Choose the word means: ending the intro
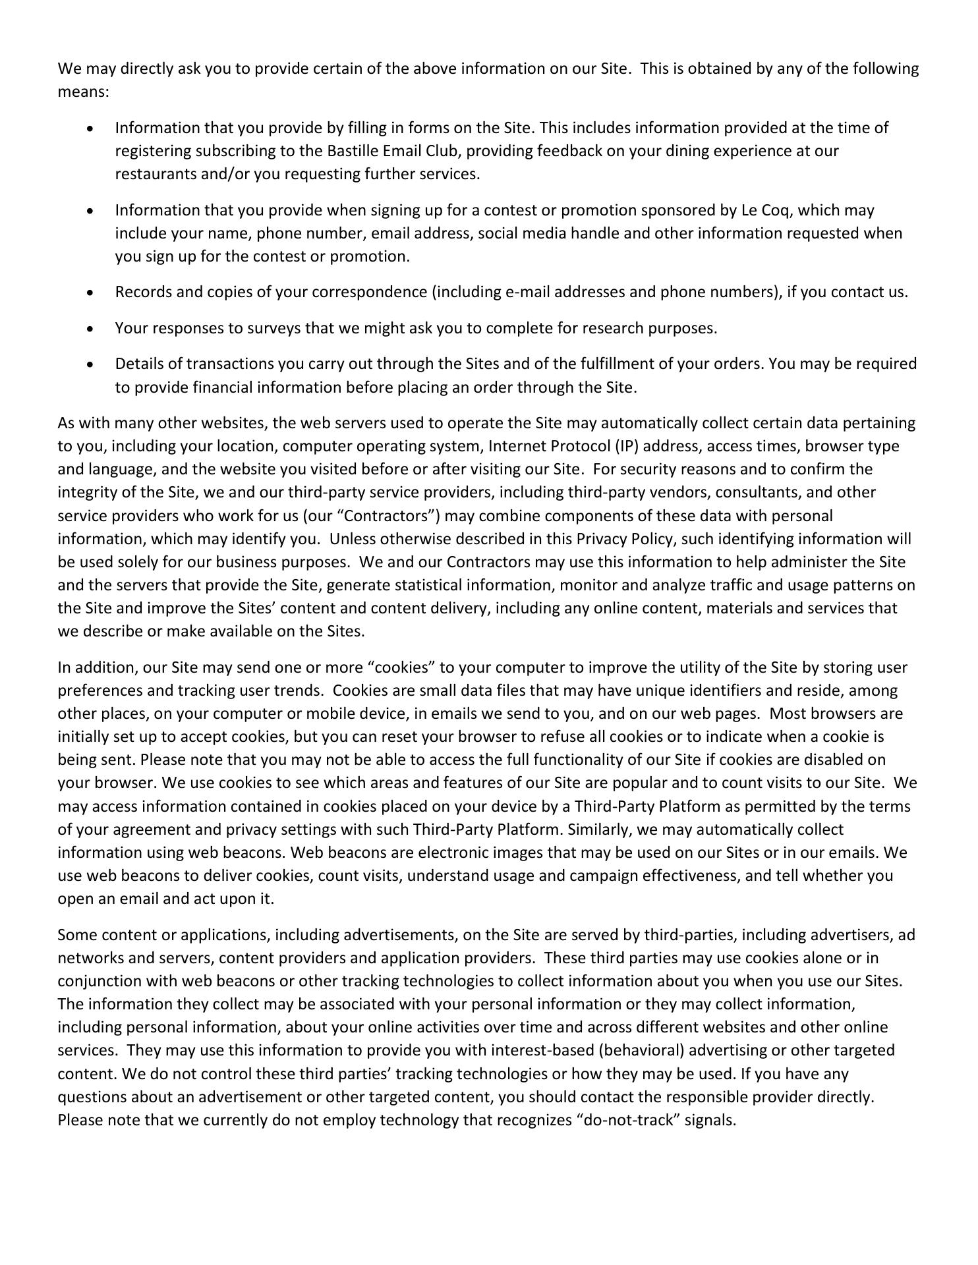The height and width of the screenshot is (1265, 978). (83, 92)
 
